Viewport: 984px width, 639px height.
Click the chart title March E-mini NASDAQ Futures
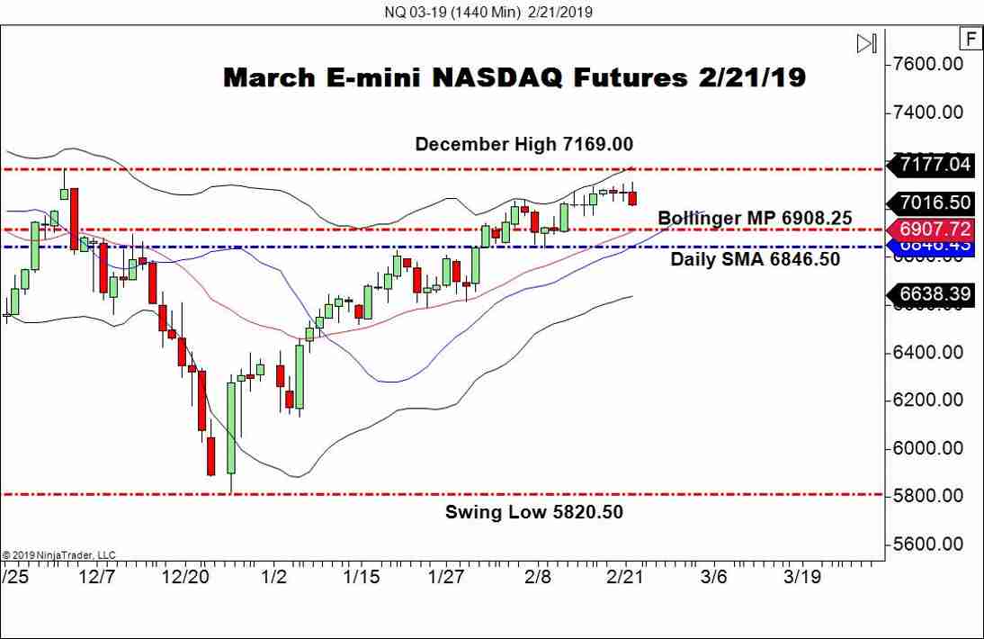[514, 77]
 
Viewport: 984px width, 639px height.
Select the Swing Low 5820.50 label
[534, 512]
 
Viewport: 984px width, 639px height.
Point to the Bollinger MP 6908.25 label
[755, 218]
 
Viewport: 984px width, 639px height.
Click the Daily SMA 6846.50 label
[756, 259]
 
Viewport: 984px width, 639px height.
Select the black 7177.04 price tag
[935, 165]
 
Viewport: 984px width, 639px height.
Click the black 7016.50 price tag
[935, 203]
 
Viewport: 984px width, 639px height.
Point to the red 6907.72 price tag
[935, 229]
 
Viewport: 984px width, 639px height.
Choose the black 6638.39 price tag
[935, 293]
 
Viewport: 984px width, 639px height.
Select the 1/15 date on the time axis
[364, 576]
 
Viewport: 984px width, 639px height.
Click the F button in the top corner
[971, 39]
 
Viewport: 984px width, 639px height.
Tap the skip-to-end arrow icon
[866, 43]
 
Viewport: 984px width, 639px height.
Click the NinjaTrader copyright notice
[59, 555]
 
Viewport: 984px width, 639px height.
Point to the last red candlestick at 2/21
[632, 197]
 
